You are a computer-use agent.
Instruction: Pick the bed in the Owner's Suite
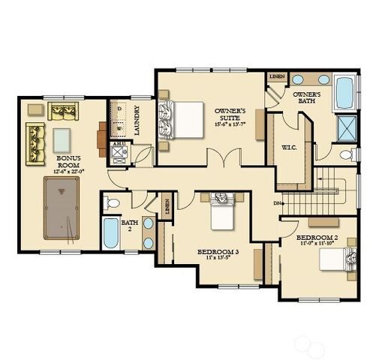click(x=183, y=119)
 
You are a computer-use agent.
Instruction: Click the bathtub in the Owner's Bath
click(x=345, y=92)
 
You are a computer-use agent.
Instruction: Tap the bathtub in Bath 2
click(x=111, y=233)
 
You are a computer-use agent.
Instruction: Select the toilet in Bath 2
click(x=112, y=202)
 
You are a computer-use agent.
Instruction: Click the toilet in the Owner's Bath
click(x=347, y=155)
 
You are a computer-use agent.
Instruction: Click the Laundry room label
click(x=137, y=120)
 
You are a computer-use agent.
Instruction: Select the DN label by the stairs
click(x=278, y=202)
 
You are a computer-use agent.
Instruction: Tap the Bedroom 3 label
click(x=218, y=251)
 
